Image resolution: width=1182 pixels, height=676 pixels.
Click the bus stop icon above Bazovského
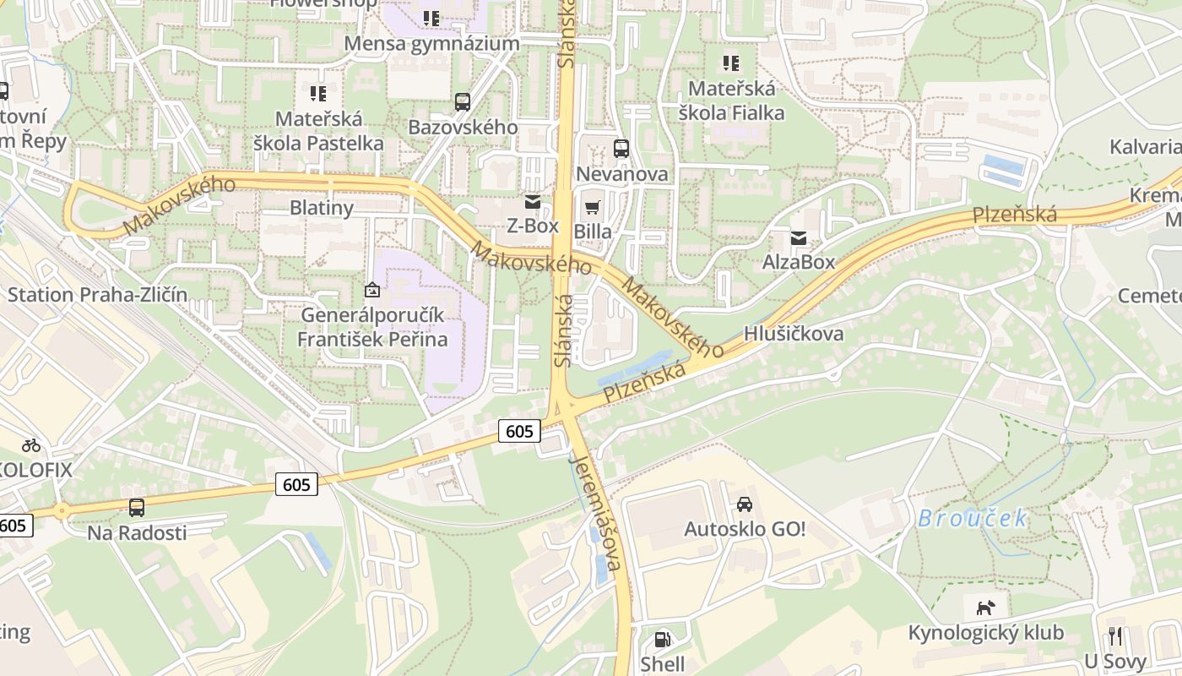[x=462, y=102]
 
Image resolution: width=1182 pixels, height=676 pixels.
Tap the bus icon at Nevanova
[x=621, y=149]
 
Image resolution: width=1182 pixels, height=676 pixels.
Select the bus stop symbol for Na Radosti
[x=137, y=508]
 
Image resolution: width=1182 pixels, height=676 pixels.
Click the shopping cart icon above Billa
[x=593, y=207]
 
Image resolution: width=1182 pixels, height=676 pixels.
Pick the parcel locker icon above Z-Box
[x=532, y=202]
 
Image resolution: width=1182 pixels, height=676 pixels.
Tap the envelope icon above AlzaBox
[x=798, y=237]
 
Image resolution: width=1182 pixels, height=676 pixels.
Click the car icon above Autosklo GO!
[x=745, y=504]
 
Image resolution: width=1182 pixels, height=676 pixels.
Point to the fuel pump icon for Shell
[x=663, y=640]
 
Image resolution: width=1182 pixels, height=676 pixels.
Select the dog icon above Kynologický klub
[x=985, y=608]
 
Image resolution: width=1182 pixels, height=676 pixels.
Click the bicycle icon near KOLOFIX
[x=31, y=444]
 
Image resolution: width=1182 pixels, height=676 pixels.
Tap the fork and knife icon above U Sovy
[x=1115, y=636]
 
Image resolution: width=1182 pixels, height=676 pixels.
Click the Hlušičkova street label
[x=794, y=334]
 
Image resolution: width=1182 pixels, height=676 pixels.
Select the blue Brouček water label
[x=973, y=518]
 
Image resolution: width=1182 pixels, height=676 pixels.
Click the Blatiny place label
[x=322, y=207]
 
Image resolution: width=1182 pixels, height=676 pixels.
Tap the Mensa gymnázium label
[x=432, y=44]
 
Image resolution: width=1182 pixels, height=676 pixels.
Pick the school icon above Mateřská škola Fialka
[x=731, y=63]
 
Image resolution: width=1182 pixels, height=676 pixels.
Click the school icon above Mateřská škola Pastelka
[x=318, y=93]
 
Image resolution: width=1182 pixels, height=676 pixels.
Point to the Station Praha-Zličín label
[x=98, y=295]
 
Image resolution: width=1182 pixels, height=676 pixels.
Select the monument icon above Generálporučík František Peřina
[x=371, y=291]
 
